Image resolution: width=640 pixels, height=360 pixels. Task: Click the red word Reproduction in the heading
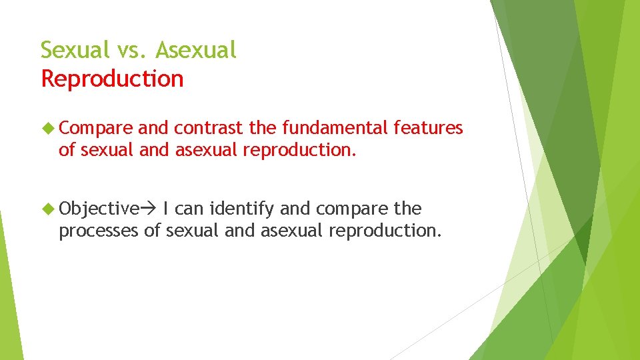click(112, 79)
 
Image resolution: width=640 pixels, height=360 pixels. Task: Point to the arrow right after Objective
click(146, 209)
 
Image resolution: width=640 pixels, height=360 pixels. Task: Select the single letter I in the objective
click(165, 209)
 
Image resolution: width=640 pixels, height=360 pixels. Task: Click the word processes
click(99, 231)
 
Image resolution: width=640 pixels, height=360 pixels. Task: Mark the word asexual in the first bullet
click(206, 150)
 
